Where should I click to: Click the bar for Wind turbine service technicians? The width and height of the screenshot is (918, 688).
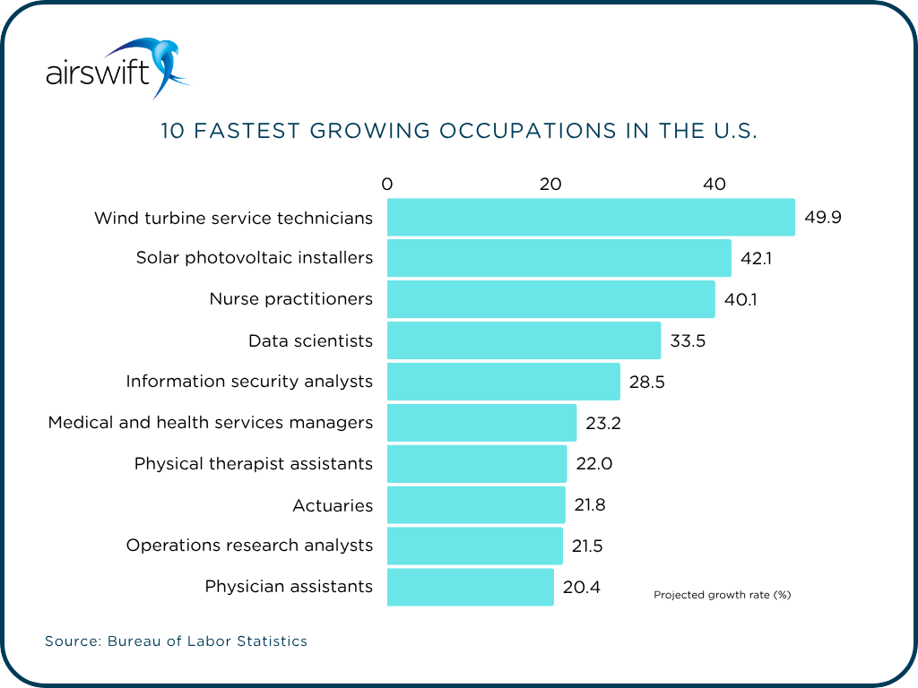click(x=591, y=218)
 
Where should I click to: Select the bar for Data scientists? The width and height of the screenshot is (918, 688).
click(x=524, y=340)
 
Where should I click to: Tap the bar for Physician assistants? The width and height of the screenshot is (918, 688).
click(x=471, y=587)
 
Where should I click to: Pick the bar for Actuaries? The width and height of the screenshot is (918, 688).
click(x=476, y=505)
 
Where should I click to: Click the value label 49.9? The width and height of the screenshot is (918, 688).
click(x=822, y=218)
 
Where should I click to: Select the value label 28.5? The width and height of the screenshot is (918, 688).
click(x=646, y=382)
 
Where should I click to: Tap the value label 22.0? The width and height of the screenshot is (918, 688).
click(x=593, y=464)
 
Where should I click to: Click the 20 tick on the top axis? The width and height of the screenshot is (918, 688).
click(x=550, y=185)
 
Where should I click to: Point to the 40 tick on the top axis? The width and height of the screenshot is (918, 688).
click(x=714, y=185)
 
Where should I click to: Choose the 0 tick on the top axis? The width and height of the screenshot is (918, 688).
click(x=387, y=185)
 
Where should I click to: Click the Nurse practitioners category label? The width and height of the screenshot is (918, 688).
click(x=290, y=299)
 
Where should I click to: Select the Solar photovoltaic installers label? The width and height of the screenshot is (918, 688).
click(x=254, y=258)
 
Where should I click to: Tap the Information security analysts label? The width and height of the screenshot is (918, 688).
click(x=248, y=382)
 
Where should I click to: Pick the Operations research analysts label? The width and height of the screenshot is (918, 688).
click(x=248, y=546)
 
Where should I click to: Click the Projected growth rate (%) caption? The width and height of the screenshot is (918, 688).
click(x=722, y=595)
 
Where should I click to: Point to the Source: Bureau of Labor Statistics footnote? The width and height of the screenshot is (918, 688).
click(x=176, y=641)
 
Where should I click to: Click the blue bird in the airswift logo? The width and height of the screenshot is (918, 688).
click(x=161, y=63)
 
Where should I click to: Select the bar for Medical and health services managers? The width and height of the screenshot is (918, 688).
click(x=481, y=423)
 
